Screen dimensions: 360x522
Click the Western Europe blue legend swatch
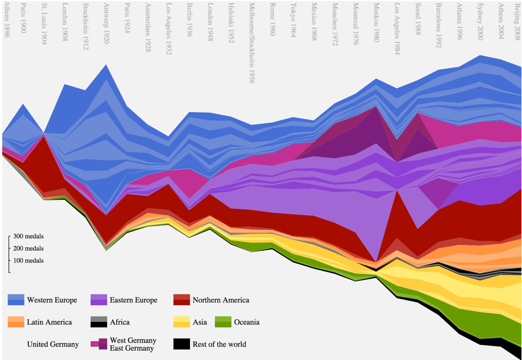pyautogui.click(x=16, y=300)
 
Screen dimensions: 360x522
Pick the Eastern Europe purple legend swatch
pyautogui.click(x=98, y=300)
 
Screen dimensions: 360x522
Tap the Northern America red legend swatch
pyautogui.click(x=181, y=300)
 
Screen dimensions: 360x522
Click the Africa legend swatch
pyautogui.click(x=98, y=322)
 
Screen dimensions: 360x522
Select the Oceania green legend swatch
pyautogui.click(x=223, y=322)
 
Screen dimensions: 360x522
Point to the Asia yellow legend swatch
pyautogui.click(x=181, y=322)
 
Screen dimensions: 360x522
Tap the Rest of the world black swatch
pyautogui.click(x=181, y=344)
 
